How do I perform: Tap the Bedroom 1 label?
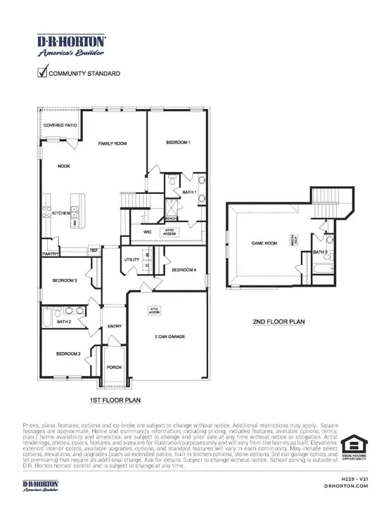[178, 143]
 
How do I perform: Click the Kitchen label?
[60, 213]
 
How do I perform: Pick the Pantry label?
[50, 253]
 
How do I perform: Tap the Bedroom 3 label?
[64, 281]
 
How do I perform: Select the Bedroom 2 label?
[68, 353]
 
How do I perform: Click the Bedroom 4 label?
[184, 270]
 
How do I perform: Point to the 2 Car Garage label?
[169, 337]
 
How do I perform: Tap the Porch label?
[114, 368]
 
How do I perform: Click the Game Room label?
[263, 243]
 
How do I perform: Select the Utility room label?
[132, 260]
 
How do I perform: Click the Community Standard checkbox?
[42, 72]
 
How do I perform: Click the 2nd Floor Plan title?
[278, 322]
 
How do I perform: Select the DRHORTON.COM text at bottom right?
[342, 486]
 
